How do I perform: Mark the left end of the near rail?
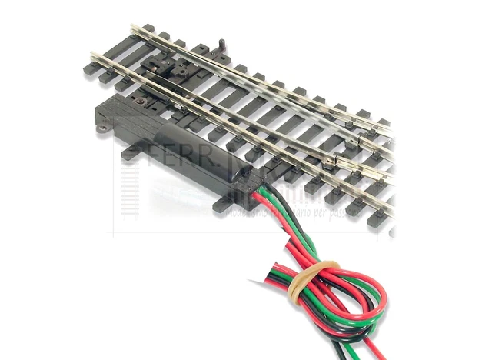(93, 55)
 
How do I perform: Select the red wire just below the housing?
(265, 215)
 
